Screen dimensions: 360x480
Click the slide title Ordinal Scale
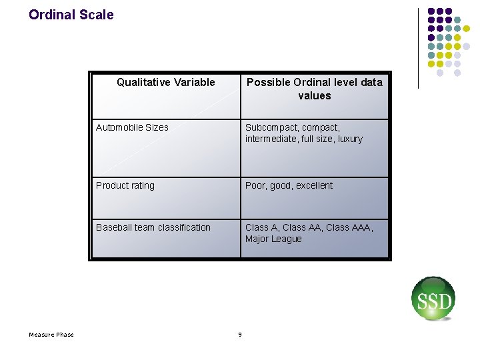[71, 15]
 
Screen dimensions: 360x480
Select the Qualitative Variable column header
[165, 83]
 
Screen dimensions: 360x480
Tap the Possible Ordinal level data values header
[315, 89]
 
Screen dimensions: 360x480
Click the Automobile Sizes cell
[132, 127]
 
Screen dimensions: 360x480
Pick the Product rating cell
[125, 185]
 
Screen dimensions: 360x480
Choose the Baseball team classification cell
[153, 227]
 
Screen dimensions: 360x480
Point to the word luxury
[350, 139]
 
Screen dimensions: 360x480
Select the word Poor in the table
[255, 185]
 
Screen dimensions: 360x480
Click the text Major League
[273, 239]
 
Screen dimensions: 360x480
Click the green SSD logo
[433, 299]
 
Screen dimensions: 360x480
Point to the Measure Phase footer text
[51, 335]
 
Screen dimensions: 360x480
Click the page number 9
[240, 335]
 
